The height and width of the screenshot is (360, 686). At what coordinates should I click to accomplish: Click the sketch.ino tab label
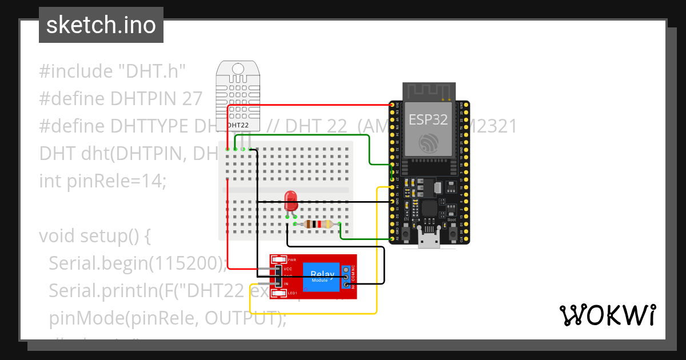pos(101,25)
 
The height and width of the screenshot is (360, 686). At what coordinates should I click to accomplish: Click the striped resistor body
pos(318,225)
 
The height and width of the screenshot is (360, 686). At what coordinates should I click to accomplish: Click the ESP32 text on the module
pos(428,119)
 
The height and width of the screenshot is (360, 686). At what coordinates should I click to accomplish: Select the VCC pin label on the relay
pos(288,268)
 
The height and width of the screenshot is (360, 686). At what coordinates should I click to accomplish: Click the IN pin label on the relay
pos(286,284)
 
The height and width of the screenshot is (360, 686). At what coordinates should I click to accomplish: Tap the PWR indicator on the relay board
pos(292,259)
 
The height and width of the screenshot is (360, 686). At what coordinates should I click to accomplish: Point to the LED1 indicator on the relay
pos(292,293)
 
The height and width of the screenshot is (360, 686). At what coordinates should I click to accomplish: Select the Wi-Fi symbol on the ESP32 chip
pos(428,142)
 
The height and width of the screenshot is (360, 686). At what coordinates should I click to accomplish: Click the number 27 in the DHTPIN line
pos(192,99)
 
